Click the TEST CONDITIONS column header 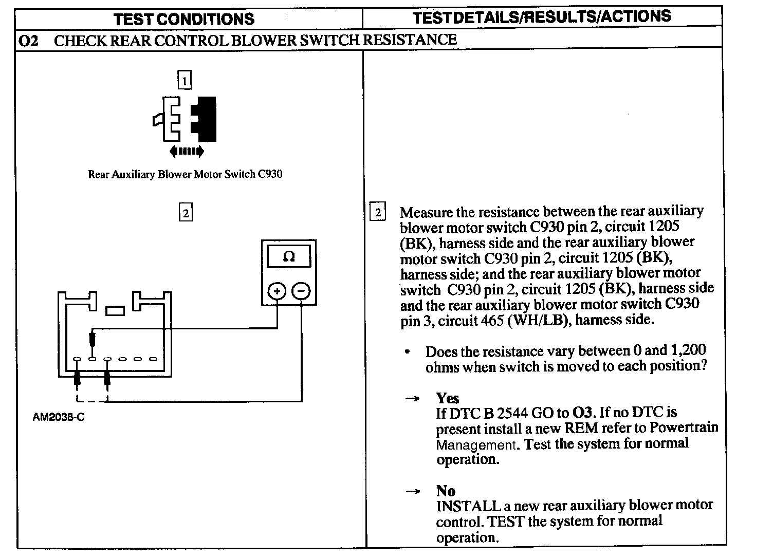184,19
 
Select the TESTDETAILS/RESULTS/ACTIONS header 542,17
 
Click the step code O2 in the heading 28,41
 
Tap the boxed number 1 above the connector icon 184,81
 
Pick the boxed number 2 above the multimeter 185,212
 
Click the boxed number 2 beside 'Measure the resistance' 378,212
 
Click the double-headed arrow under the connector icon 186,151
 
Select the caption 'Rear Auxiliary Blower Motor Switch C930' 185,174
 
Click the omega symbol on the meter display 289,256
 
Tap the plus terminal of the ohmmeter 277,292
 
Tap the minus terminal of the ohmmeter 301,292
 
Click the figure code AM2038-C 59,417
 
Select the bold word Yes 448,398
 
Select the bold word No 446,490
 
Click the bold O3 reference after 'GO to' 582,412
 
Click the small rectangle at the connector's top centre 115,310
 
